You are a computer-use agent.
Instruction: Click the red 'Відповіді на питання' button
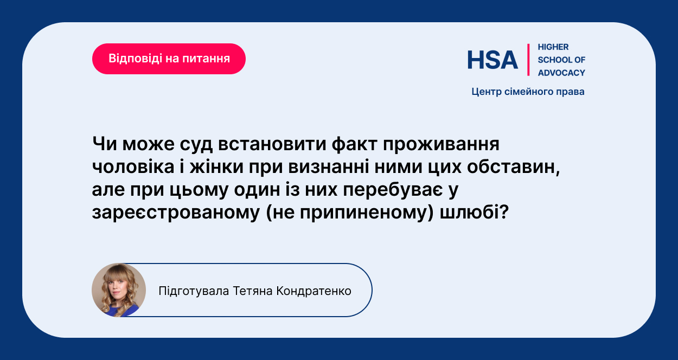[x=169, y=59]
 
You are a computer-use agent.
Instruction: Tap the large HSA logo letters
[x=492, y=60]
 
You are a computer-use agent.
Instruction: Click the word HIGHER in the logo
[x=553, y=47]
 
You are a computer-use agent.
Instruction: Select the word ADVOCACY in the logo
[x=561, y=73]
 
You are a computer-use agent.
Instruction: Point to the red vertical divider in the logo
[x=528, y=60]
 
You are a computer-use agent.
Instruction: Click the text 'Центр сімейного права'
[x=528, y=92]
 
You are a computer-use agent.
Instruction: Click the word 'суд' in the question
[x=196, y=144]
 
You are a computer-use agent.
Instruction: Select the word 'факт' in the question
[x=354, y=144]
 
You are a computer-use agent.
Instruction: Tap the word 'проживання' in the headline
[x=441, y=145]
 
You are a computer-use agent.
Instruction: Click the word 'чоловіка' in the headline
[x=133, y=166]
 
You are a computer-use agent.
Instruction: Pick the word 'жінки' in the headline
[x=216, y=166]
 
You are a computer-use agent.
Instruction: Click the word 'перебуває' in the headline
[x=393, y=190]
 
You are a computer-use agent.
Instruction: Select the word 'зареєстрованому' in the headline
[x=176, y=213]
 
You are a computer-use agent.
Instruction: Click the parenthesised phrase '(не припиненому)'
[x=350, y=213]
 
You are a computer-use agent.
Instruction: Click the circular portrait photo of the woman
[x=119, y=290]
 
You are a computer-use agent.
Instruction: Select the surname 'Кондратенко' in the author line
[x=314, y=291]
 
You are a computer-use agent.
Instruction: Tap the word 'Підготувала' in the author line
[x=194, y=291]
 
